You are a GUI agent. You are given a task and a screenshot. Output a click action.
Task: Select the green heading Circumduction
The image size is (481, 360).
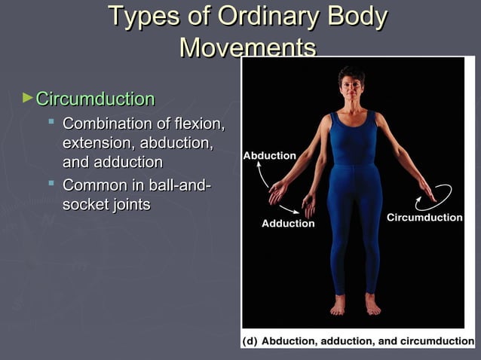click(95, 99)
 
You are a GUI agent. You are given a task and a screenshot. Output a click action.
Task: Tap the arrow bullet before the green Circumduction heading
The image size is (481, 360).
click(28, 98)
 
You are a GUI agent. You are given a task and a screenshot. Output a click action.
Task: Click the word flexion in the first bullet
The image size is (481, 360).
click(198, 123)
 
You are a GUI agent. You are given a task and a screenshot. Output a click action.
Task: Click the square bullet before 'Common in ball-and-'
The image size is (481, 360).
click(51, 182)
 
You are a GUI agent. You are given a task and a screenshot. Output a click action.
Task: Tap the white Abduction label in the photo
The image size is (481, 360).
click(269, 156)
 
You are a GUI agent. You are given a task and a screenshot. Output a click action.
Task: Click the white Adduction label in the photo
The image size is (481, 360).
click(287, 224)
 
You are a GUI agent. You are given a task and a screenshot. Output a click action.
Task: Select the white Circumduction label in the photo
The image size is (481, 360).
click(424, 218)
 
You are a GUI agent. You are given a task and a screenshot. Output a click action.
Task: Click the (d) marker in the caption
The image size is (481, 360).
click(250, 341)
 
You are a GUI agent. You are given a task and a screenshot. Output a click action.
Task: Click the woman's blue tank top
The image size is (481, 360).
click(352, 139)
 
